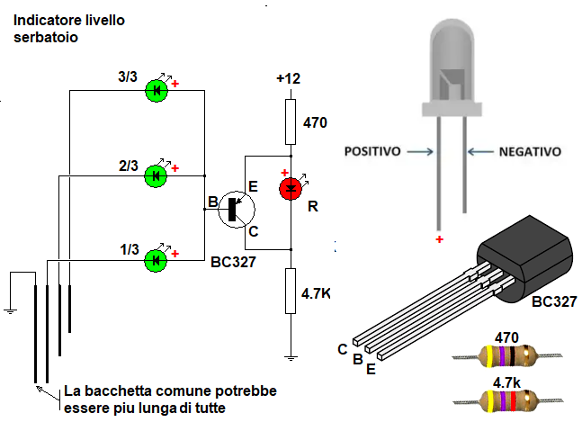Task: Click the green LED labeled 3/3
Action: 157,90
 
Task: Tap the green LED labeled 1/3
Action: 157,261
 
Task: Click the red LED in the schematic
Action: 291,189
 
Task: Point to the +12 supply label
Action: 288,79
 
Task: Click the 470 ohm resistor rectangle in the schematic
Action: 290,122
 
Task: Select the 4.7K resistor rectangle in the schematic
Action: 290,292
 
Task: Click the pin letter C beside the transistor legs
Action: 343,348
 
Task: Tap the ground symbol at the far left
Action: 10,310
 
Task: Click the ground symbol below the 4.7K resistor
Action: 290,357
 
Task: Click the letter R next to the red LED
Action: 313,206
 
